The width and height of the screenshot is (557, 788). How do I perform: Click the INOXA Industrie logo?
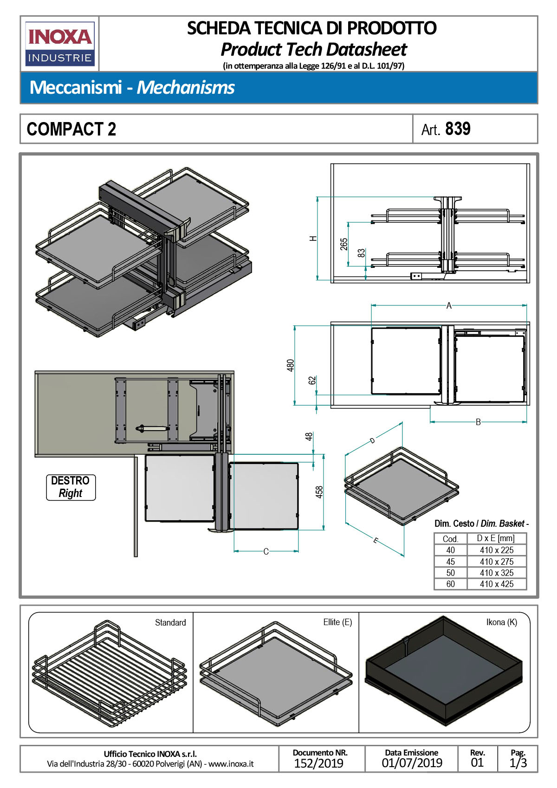(x=60, y=44)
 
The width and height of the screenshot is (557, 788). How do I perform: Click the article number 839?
(x=458, y=129)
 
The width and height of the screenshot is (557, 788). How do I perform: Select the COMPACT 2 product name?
(x=71, y=129)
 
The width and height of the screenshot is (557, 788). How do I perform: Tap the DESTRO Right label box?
(x=71, y=487)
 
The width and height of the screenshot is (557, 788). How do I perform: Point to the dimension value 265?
(x=344, y=244)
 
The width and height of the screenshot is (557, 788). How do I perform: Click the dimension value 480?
(x=291, y=365)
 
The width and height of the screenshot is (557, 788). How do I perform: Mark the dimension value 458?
(x=319, y=492)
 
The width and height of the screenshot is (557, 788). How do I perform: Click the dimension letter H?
(x=313, y=238)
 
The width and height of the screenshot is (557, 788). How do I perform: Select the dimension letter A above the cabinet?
(x=449, y=305)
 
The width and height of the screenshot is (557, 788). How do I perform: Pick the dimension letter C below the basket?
(x=266, y=551)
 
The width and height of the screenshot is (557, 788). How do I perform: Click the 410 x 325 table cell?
(x=497, y=573)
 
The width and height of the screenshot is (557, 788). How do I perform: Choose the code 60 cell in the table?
(x=450, y=584)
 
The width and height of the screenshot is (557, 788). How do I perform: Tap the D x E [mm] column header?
(x=496, y=538)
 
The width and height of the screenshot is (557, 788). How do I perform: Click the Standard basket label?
(x=170, y=623)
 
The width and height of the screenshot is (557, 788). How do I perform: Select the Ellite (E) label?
(x=337, y=622)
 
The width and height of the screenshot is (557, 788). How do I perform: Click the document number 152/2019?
(x=319, y=763)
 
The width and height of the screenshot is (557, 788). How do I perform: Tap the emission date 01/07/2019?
(x=412, y=763)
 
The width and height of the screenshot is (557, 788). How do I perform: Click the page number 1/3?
(x=518, y=763)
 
